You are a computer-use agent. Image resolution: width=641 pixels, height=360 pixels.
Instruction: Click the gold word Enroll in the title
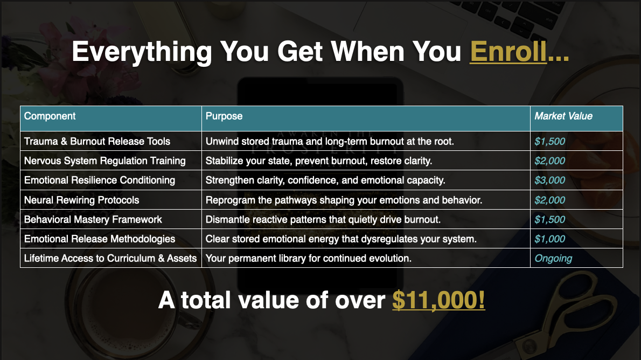508,52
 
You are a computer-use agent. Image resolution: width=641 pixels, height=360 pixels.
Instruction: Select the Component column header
50,116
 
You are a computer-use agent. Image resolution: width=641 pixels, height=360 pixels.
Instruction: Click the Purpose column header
224,116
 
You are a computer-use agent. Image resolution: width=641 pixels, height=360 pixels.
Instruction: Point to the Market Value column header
563,116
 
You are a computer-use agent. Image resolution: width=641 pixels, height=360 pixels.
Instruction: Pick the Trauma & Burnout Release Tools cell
97,141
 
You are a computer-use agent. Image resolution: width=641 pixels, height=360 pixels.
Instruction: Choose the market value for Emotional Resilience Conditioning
549,180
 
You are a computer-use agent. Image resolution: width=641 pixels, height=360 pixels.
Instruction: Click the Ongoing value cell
553,259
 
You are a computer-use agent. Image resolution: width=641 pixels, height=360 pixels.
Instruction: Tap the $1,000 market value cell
549,239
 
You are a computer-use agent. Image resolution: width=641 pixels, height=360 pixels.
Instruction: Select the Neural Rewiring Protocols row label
81,200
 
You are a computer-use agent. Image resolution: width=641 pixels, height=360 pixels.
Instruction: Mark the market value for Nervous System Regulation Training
549,161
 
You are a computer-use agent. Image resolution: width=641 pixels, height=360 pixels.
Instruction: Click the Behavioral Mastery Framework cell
93,219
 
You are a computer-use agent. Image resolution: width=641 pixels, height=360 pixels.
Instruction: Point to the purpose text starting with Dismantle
323,220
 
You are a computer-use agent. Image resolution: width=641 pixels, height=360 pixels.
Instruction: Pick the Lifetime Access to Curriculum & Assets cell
110,258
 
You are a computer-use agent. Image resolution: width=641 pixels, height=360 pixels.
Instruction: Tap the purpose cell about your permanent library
308,259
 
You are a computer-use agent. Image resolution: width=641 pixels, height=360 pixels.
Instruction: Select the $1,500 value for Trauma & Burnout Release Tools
549,141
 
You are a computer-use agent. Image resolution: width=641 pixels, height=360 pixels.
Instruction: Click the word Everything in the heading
142,52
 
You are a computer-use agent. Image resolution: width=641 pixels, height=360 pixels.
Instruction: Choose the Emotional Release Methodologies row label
99,239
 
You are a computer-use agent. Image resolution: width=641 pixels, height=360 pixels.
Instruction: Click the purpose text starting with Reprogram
344,200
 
